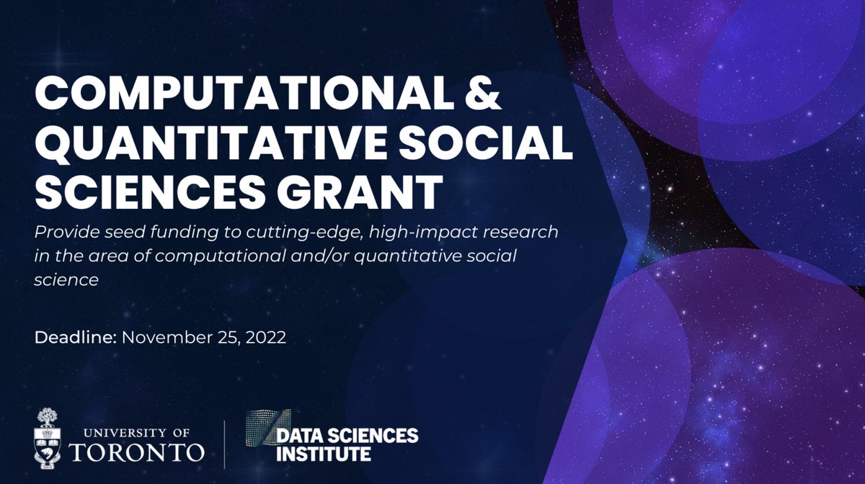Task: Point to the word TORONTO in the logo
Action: click(137, 452)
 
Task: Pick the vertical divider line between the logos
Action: click(225, 442)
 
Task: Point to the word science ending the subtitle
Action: click(66, 280)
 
